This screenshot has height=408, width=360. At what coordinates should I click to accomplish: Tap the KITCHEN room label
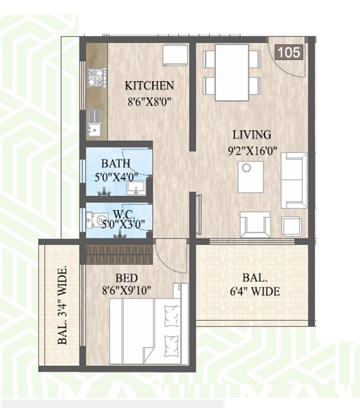150,85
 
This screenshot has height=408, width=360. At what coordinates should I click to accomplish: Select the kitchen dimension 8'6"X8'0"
149,101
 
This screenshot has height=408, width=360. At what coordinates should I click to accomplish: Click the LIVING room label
251,135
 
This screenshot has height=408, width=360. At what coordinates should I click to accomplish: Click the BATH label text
115,164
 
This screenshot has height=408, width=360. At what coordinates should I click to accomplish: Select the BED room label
126,277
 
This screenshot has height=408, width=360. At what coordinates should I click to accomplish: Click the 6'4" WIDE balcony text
254,292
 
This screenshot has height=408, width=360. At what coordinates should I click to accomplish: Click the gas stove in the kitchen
96,78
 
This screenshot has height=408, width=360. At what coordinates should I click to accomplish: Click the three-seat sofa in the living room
294,180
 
